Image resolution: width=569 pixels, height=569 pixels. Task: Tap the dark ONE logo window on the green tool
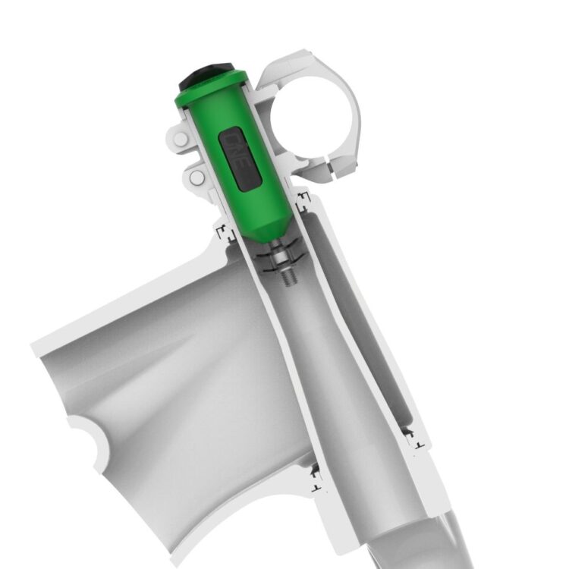(x=240, y=159)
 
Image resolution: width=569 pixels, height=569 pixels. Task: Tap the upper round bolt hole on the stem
(x=179, y=140)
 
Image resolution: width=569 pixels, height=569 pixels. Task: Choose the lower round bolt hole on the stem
(x=196, y=178)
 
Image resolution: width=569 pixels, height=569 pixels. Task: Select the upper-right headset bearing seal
(x=304, y=200)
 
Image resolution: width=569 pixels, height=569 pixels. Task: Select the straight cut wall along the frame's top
(x=121, y=296)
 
